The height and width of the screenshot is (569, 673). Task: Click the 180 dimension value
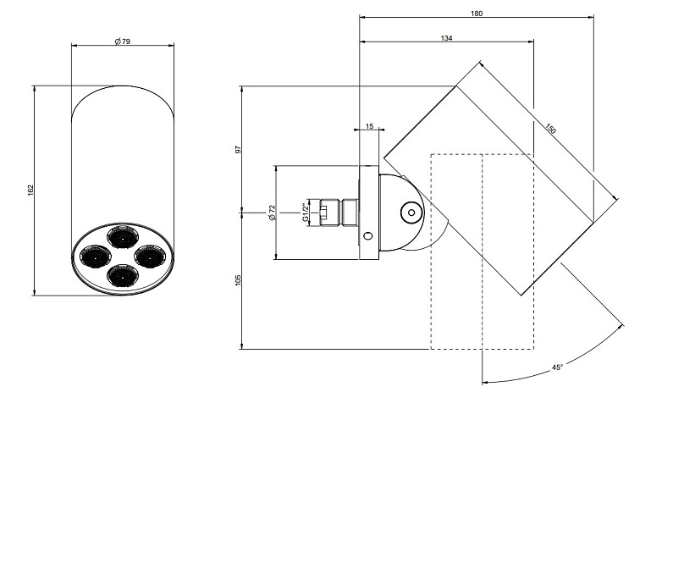(477, 14)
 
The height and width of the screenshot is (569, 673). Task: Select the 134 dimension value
(446, 38)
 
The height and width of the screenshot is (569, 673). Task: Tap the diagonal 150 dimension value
(551, 129)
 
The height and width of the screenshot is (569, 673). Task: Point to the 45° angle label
(557, 367)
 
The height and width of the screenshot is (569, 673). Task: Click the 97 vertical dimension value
(239, 149)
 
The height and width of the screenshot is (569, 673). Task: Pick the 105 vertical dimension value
(239, 280)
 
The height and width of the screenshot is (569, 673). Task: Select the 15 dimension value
(370, 126)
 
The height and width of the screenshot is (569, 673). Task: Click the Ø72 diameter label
(272, 213)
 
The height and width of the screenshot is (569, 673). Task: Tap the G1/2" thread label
(306, 213)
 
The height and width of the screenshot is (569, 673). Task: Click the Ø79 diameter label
(122, 41)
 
